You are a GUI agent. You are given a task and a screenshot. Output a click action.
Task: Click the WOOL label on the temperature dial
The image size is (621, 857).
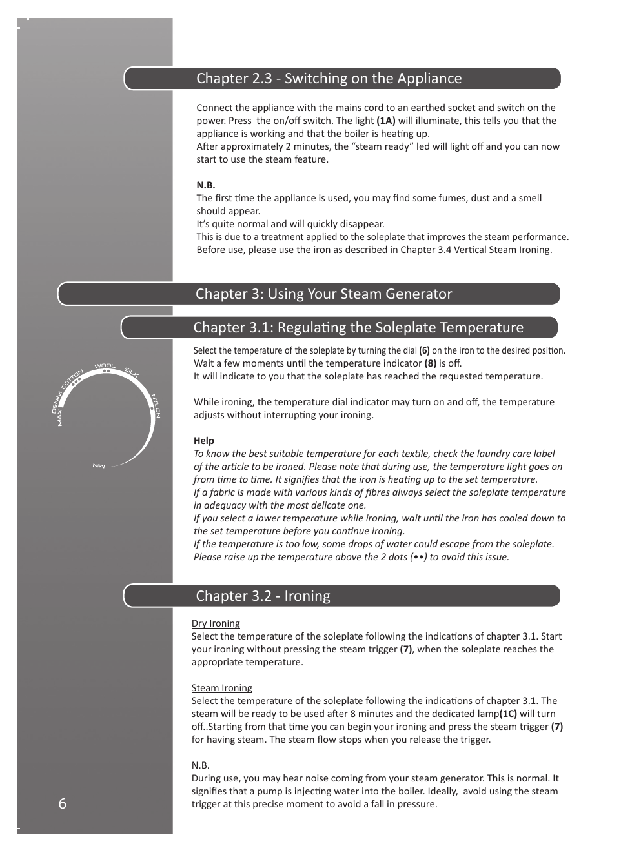pyautogui.click(x=105, y=365)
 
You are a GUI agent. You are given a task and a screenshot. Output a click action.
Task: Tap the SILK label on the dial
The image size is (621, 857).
pyautogui.click(x=132, y=372)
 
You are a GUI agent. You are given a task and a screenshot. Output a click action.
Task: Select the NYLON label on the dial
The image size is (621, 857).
pyautogui.click(x=156, y=405)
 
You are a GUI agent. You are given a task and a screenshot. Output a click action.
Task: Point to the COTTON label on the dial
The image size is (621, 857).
pyautogui.click(x=72, y=379)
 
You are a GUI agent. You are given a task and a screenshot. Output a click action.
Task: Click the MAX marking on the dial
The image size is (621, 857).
pyautogui.click(x=60, y=418)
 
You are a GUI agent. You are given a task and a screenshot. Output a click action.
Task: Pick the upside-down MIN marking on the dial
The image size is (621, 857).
pyautogui.click(x=99, y=465)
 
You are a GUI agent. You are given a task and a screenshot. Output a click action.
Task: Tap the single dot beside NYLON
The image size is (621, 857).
pyautogui.click(x=152, y=408)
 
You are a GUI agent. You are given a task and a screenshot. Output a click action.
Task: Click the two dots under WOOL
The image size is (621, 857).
pyautogui.click(x=107, y=371)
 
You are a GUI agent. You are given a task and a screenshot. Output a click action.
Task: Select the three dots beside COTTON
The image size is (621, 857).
pyautogui.click(x=76, y=383)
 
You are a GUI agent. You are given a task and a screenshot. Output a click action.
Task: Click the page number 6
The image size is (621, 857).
pyautogui.click(x=62, y=803)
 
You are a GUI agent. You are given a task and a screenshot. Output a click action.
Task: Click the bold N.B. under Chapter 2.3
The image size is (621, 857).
pyautogui.click(x=205, y=185)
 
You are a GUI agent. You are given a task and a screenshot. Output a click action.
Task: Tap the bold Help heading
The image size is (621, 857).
pyautogui.click(x=203, y=440)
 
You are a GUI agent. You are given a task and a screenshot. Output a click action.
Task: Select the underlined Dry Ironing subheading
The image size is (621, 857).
pyautogui.click(x=216, y=623)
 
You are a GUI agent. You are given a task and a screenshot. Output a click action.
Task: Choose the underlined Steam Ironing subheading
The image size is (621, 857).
pyautogui.click(x=221, y=687)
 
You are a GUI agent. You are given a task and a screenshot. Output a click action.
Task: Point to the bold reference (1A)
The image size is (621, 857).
pyautogui.click(x=385, y=121)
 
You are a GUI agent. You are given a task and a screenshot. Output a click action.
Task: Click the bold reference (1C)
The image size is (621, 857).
pyautogui.click(x=508, y=714)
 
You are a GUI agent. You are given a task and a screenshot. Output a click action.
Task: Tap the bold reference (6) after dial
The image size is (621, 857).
pyautogui.click(x=424, y=350)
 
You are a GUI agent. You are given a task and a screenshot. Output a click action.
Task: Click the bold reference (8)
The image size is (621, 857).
pyautogui.click(x=430, y=363)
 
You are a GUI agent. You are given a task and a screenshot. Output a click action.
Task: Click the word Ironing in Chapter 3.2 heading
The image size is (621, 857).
pyautogui.click(x=307, y=596)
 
